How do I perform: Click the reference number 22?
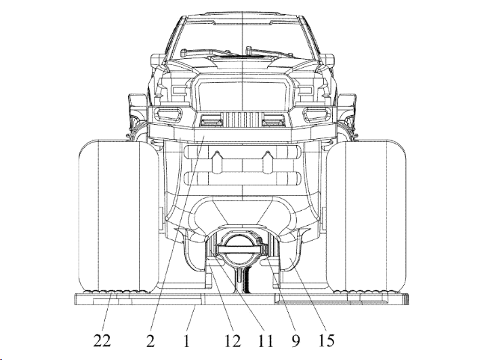coord(102,340)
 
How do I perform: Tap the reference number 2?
coord(150,341)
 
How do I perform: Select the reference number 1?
coord(186,341)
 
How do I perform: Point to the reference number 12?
coord(232,341)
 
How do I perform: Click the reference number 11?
coord(265,341)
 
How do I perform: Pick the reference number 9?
coord(296,341)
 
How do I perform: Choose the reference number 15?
coord(327,341)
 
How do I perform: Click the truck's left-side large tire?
coord(119,216)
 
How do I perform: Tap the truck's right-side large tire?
coord(366,216)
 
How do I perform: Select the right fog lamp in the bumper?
coord(316,114)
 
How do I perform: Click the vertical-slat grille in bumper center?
coord(243,119)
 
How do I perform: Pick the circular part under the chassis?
coord(240,249)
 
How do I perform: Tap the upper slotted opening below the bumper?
coord(243,153)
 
